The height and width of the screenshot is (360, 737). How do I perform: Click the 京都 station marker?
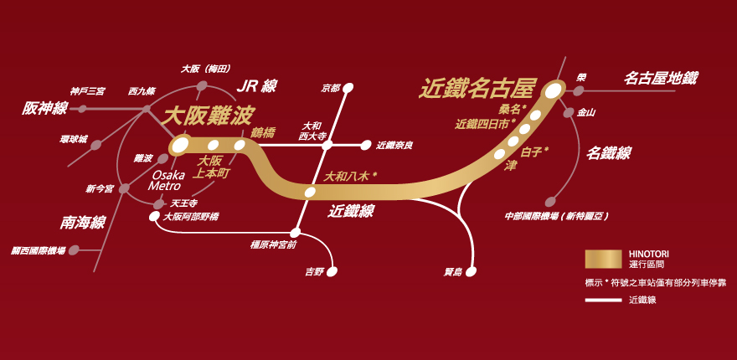tap(348, 87)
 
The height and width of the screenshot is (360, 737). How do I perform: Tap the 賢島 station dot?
tap(471, 271)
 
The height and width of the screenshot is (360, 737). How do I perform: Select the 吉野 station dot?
tap(332, 271)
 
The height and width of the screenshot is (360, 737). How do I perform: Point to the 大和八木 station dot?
tap(310, 192)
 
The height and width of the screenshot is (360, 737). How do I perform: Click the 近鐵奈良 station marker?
tap(366, 145)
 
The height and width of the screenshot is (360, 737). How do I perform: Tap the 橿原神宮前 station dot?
tap(295, 232)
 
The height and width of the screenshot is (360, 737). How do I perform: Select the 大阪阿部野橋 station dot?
tap(154, 217)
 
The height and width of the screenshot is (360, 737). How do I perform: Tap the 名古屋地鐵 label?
tap(662, 78)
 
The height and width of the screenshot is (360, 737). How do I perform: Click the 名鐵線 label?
tap(608, 152)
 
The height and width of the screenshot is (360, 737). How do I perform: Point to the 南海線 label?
tap(82, 223)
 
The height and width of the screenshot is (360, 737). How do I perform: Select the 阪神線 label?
tap(44, 109)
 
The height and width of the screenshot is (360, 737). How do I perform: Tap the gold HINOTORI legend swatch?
tap(604, 260)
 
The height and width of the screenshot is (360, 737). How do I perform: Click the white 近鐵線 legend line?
tap(604, 301)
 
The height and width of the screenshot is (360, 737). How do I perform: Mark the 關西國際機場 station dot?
tap(74, 250)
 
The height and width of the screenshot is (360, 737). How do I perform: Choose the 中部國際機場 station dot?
tap(550, 202)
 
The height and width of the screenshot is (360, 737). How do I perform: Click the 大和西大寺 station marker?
tap(327, 145)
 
